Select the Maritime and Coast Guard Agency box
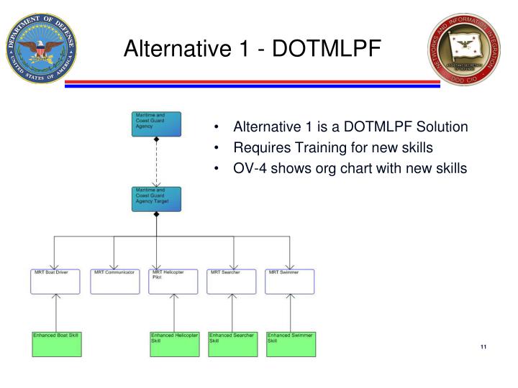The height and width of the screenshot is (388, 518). coord(156,123)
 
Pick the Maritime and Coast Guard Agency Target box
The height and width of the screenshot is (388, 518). coord(156,199)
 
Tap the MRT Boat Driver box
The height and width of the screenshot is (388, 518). coord(55,281)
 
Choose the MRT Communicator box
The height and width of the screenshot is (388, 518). coord(114,281)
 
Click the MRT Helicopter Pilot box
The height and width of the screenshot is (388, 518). coord(173,281)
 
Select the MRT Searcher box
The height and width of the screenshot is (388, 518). coord(231,281)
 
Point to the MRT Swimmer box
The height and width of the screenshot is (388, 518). coord(289,281)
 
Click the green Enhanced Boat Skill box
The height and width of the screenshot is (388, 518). coord(56,343)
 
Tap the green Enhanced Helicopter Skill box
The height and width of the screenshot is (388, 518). coord(173,343)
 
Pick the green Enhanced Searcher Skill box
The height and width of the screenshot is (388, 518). coord(231,343)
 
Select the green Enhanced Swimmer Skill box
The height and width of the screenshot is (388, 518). coord(290,343)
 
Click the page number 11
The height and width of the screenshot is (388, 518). coord(483,348)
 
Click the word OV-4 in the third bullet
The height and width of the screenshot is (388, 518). coord(250,168)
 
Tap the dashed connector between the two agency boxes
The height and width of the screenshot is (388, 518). coord(156,164)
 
